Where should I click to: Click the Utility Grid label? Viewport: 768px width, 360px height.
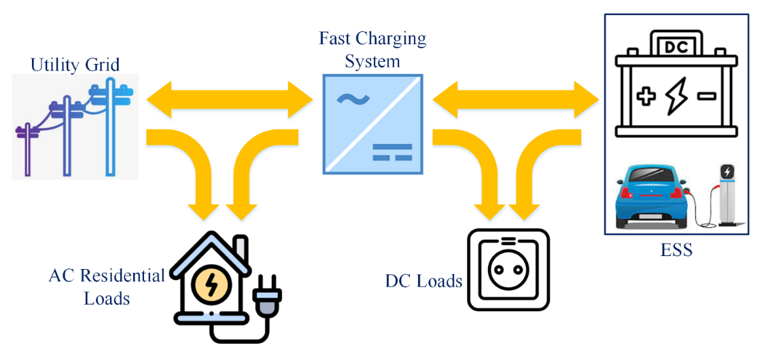pos(75,65)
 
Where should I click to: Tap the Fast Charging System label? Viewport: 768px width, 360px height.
pos(372,49)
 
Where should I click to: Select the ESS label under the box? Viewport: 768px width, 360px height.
pos(676,250)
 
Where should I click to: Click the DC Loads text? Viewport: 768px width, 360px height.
pos(423,281)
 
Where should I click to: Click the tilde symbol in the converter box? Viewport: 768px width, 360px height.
pos(353,101)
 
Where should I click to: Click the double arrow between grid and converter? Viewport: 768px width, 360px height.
pos(229,98)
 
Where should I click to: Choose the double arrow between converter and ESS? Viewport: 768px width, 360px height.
pos(517,98)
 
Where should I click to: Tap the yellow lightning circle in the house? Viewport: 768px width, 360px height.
pos(211,285)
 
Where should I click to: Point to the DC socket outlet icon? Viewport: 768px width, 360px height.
pos(508,269)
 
